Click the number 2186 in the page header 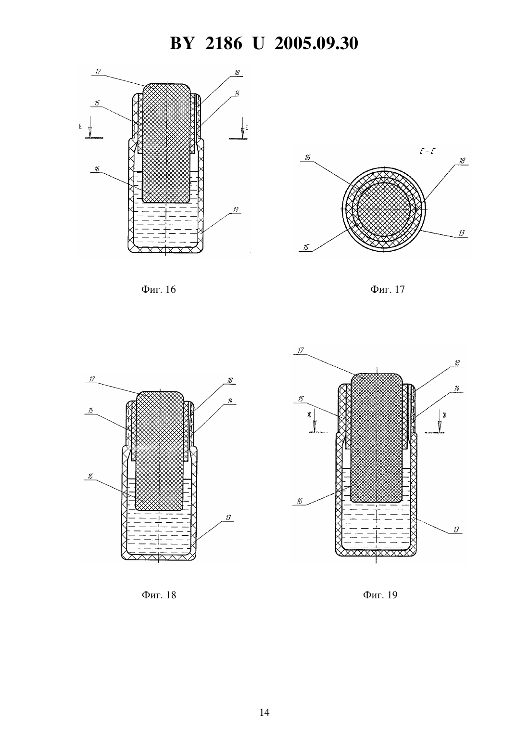point(224,43)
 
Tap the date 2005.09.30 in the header point(316,43)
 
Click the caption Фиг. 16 point(159,290)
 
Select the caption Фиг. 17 point(388,290)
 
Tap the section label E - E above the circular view point(427,152)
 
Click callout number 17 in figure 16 point(98,71)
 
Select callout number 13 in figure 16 point(236,210)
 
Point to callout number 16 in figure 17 point(307,157)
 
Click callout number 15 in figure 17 point(306,247)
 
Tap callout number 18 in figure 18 point(230,380)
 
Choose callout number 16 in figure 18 point(90,476)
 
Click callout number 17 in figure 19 point(301,350)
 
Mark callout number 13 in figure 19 point(456,529)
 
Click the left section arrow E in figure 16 point(90,129)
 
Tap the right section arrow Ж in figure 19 point(440,422)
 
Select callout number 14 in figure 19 point(457,388)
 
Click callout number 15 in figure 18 point(91,410)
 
